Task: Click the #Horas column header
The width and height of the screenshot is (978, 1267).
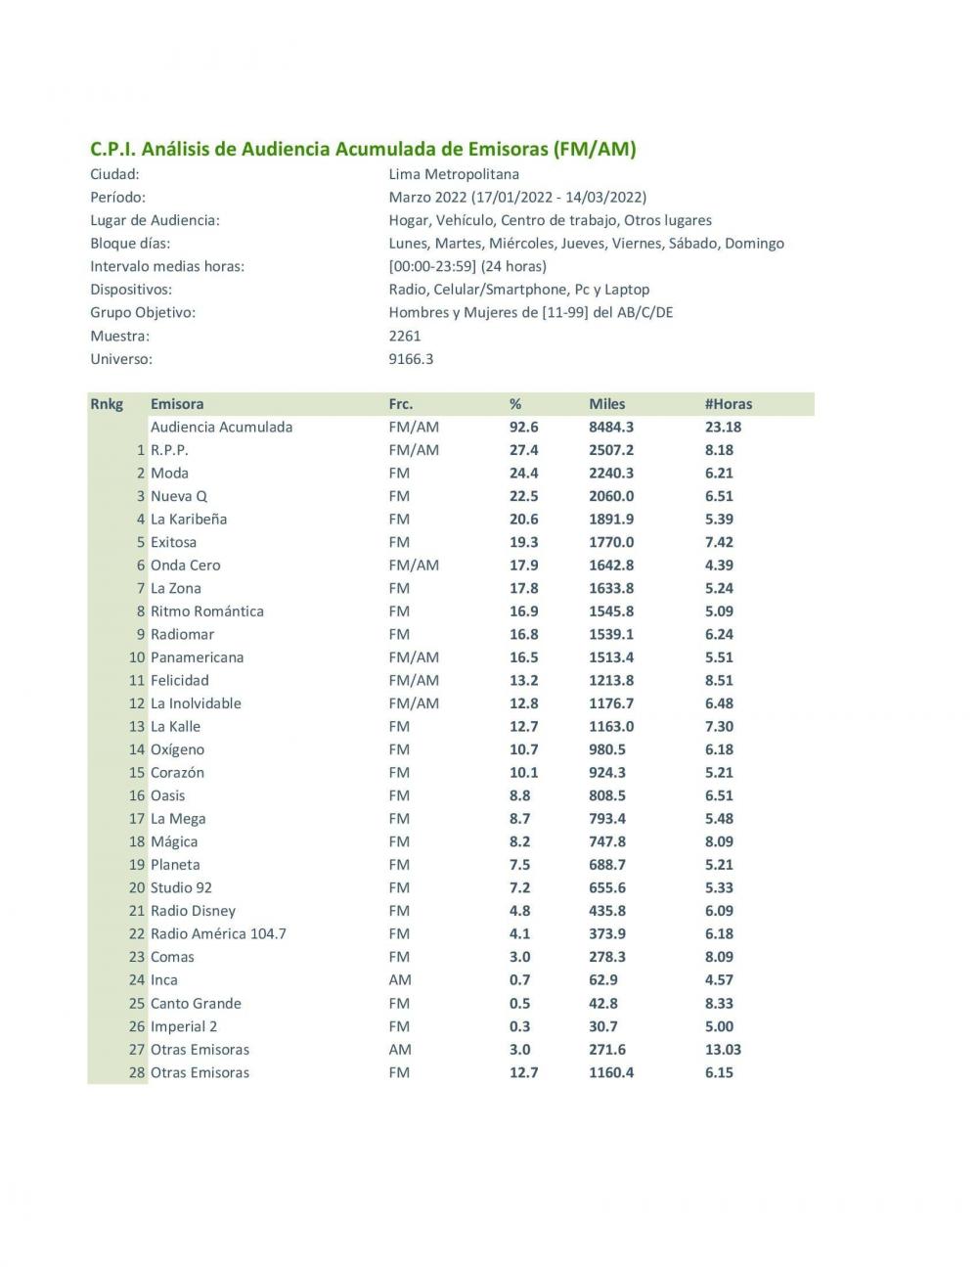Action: [728, 404]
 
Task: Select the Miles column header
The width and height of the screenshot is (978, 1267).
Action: [606, 404]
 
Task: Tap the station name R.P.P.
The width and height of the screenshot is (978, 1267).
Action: [169, 450]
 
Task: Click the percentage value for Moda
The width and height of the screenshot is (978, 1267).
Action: [523, 474]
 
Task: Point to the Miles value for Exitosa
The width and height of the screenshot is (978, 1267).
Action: [611, 542]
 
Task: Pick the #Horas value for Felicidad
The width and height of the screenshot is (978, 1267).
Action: [719, 681]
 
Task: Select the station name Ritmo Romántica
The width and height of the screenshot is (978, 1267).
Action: [206, 611]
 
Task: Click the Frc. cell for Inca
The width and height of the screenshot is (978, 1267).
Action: [399, 980]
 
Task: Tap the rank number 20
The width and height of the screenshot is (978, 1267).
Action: [137, 888]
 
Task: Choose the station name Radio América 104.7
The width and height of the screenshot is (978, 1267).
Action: [218, 934]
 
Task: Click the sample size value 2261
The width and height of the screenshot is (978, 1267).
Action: [405, 336]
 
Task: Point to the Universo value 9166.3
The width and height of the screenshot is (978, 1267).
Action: [411, 359]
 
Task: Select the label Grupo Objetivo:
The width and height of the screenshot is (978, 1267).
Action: [143, 313]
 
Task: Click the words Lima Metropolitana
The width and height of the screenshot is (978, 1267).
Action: [454, 174]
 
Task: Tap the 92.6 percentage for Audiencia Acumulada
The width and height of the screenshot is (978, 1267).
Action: [523, 428]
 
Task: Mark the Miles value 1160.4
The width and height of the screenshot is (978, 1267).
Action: [611, 1073]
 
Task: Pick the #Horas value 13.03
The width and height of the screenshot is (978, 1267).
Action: [723, 1050]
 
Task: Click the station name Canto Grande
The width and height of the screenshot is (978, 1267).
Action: [196, 1004]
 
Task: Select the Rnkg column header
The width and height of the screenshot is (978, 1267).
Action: [107, 404]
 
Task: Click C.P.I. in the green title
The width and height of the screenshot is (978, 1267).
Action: [113, 150]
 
